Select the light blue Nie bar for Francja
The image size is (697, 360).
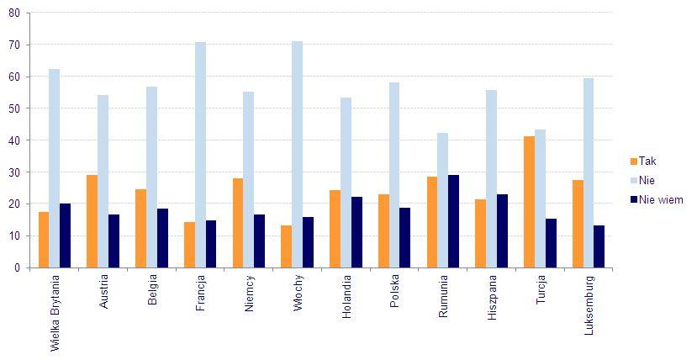tap(200, 155)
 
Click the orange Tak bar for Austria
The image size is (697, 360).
tap(92, 221)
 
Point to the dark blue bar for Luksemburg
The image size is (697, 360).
tap(599, 246)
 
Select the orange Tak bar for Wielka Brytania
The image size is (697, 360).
tap(44, 240)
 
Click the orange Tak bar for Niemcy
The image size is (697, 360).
tap(238, 223)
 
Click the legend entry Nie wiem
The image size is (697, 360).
tap(660, 199)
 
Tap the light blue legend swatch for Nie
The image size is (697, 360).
tap(633, 180)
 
